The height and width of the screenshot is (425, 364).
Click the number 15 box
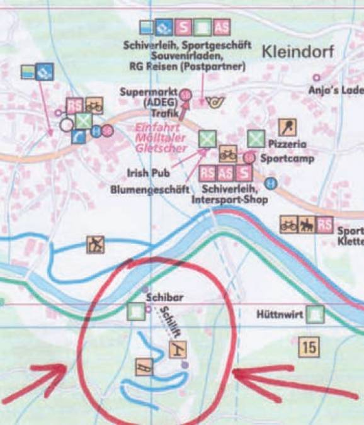(309, 346)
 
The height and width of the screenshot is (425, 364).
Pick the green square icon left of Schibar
(134, 310)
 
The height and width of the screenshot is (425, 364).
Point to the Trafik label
(166, 113)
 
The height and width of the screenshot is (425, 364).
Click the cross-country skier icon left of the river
(95, 244)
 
